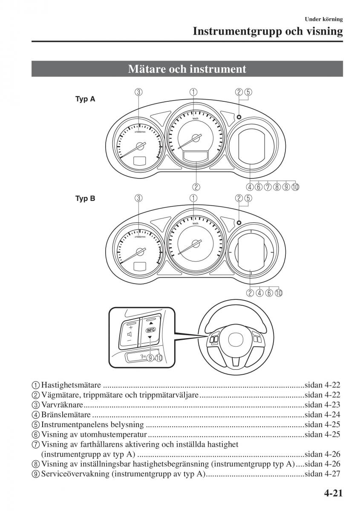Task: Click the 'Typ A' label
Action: (85, 99)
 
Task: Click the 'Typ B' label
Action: (85, 198)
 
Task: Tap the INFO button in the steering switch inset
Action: (150, 330)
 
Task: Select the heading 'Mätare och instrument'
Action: (187, 69)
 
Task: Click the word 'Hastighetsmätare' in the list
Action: (71, 385)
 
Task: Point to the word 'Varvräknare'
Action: (62, 405)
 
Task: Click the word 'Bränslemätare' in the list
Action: (66, 414)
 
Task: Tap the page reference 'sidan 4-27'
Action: (323, 474)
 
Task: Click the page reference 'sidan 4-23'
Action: (323, 405)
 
